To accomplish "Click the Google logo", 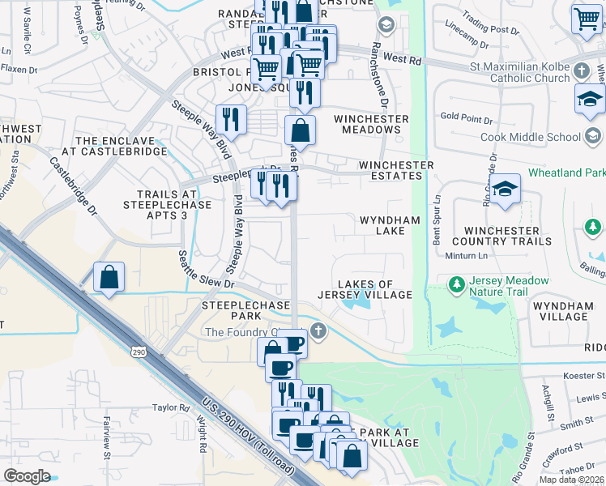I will point(27,476).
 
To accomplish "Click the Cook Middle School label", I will point(531,137).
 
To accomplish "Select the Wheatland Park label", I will point(565,173).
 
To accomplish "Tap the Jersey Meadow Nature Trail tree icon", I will point(457,286).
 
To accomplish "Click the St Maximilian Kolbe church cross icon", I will point(581,71).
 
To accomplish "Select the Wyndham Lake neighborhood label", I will point(390,225).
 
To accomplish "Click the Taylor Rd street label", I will point(170,408).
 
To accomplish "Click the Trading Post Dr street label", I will point(493,30).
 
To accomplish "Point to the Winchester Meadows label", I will point(371,124).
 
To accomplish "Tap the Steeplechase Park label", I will point(235,309).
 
